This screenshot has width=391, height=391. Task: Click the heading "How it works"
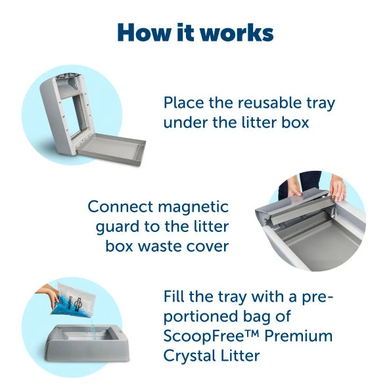pyautogui.click(x=195, y=32)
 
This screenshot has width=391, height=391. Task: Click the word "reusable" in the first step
pyautogui.click(x=266, y=103)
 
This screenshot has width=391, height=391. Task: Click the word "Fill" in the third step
pyautogui.click(x=175, y=297)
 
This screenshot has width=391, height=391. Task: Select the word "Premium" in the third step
pyautogui.click(x=301, y=337)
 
